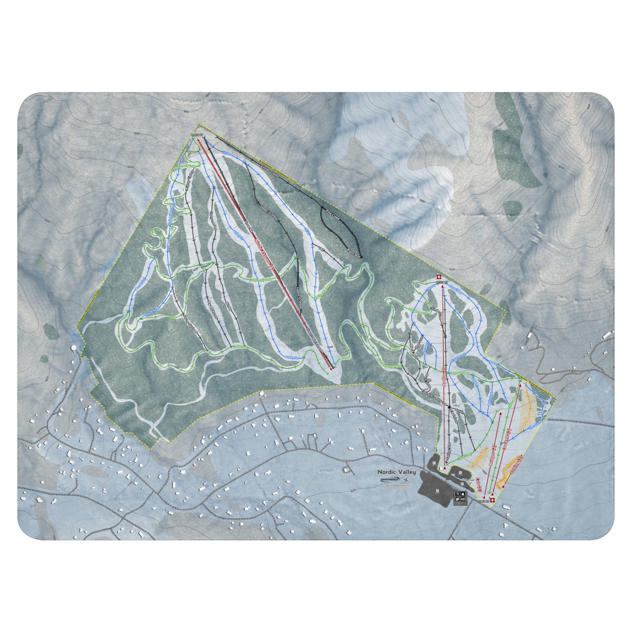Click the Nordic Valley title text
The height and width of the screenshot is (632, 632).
397,481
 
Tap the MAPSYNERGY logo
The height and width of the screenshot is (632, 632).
390,489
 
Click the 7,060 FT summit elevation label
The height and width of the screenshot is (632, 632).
197,135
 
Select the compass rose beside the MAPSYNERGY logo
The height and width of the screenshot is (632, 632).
407,489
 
